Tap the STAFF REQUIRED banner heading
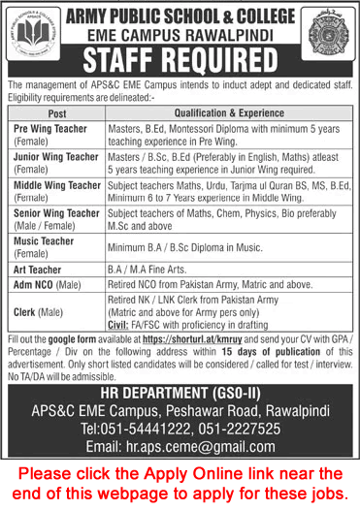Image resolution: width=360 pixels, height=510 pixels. click(180, 61)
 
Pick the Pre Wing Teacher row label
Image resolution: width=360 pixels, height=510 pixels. click(47, 130)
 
